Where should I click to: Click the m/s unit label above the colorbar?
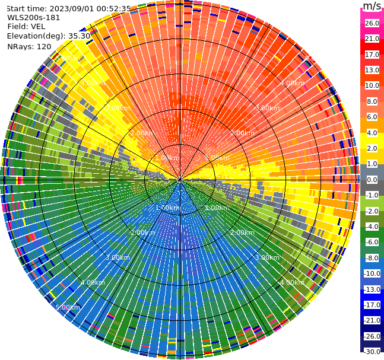(372, 7)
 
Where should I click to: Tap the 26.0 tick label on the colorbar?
(372, 23)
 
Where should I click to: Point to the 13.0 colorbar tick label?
(372, 70)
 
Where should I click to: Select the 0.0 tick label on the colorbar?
(372, 180)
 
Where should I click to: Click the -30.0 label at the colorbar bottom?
(372, 352)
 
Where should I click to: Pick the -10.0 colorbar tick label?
(372, 273)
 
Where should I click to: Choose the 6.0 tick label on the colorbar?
(372, 117)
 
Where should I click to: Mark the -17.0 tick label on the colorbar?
(372, 305)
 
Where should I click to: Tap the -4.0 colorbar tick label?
(372, 227)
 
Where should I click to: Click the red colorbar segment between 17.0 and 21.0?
(372, 46)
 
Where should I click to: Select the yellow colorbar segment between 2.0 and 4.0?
(372, 141)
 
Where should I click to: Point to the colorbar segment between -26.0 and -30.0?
(372, 344)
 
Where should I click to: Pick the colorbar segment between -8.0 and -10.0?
(372, 266)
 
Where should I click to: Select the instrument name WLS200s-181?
(34, 17)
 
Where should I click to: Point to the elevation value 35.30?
(79, 36)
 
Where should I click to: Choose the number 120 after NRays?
(43, 46)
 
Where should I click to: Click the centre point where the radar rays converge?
(180, 180)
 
